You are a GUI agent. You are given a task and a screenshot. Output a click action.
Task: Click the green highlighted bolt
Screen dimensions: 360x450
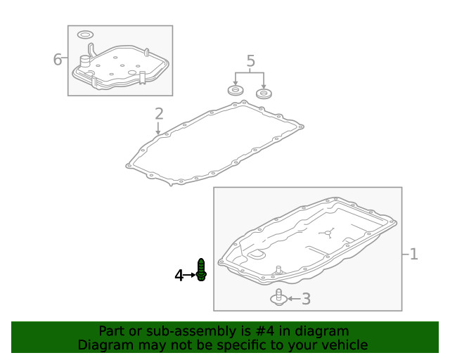click(201, 270)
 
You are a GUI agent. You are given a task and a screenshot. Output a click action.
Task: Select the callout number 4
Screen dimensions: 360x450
click(179, 276)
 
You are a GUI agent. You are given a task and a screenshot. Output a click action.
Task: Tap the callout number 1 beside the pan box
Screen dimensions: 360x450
click(413, 254)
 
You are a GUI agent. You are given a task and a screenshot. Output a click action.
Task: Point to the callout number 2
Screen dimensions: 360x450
click(159, 113)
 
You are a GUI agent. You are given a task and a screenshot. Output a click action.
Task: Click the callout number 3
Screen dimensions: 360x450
click(306, 300)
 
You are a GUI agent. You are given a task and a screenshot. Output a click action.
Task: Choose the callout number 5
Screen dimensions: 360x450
click(251, 62)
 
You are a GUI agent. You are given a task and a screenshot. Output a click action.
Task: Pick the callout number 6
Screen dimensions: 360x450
click(58, 60)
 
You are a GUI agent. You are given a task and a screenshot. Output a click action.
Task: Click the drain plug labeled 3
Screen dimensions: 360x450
click(278, 297)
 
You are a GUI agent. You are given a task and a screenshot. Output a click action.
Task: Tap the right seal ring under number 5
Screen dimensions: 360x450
click(264, 94)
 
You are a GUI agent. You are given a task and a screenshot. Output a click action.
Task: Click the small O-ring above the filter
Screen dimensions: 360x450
click(85, 34)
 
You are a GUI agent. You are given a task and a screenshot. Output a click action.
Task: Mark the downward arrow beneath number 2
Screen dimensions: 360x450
click(158, 128)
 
